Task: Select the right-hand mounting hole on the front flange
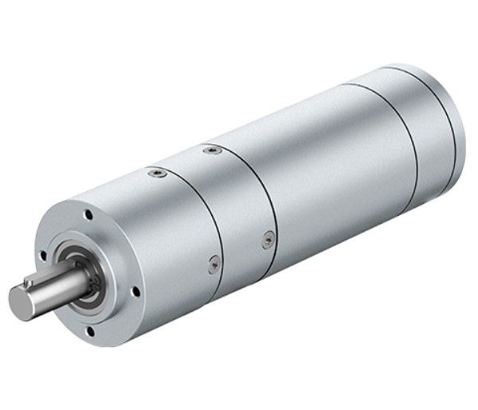(136, 292)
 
